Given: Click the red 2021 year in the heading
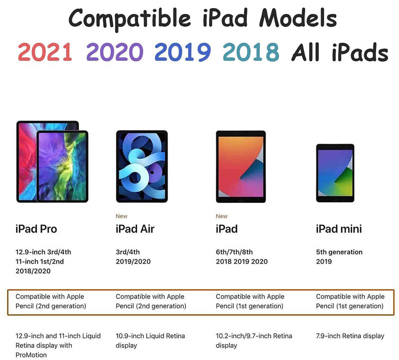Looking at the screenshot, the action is point(45,52).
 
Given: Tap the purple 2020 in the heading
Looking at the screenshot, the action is point(115,52).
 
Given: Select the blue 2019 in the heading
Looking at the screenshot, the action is point(183,52).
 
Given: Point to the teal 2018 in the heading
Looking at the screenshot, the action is point(251,52).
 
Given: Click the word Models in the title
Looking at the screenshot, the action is point(298,18).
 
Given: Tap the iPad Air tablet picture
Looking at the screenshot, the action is point(142,166).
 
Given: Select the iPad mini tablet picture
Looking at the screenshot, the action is point(335,173).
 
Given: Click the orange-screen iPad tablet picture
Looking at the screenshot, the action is point(241,167).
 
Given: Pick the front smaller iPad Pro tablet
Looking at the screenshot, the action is point(62,166).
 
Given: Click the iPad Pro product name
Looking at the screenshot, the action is point(36,229).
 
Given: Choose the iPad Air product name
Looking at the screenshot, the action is point(135,229).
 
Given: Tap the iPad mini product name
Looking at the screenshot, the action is point(339,229).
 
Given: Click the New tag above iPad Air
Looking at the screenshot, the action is point(121,216).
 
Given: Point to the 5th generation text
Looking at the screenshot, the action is point(339,252).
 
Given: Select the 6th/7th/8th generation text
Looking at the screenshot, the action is point(234,252).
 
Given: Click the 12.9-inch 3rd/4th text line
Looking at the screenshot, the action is point(43,252).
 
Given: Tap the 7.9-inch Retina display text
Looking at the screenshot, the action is point(350,336).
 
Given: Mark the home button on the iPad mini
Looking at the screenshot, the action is point(335,199).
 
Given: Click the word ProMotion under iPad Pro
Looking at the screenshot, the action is point(31,355).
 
